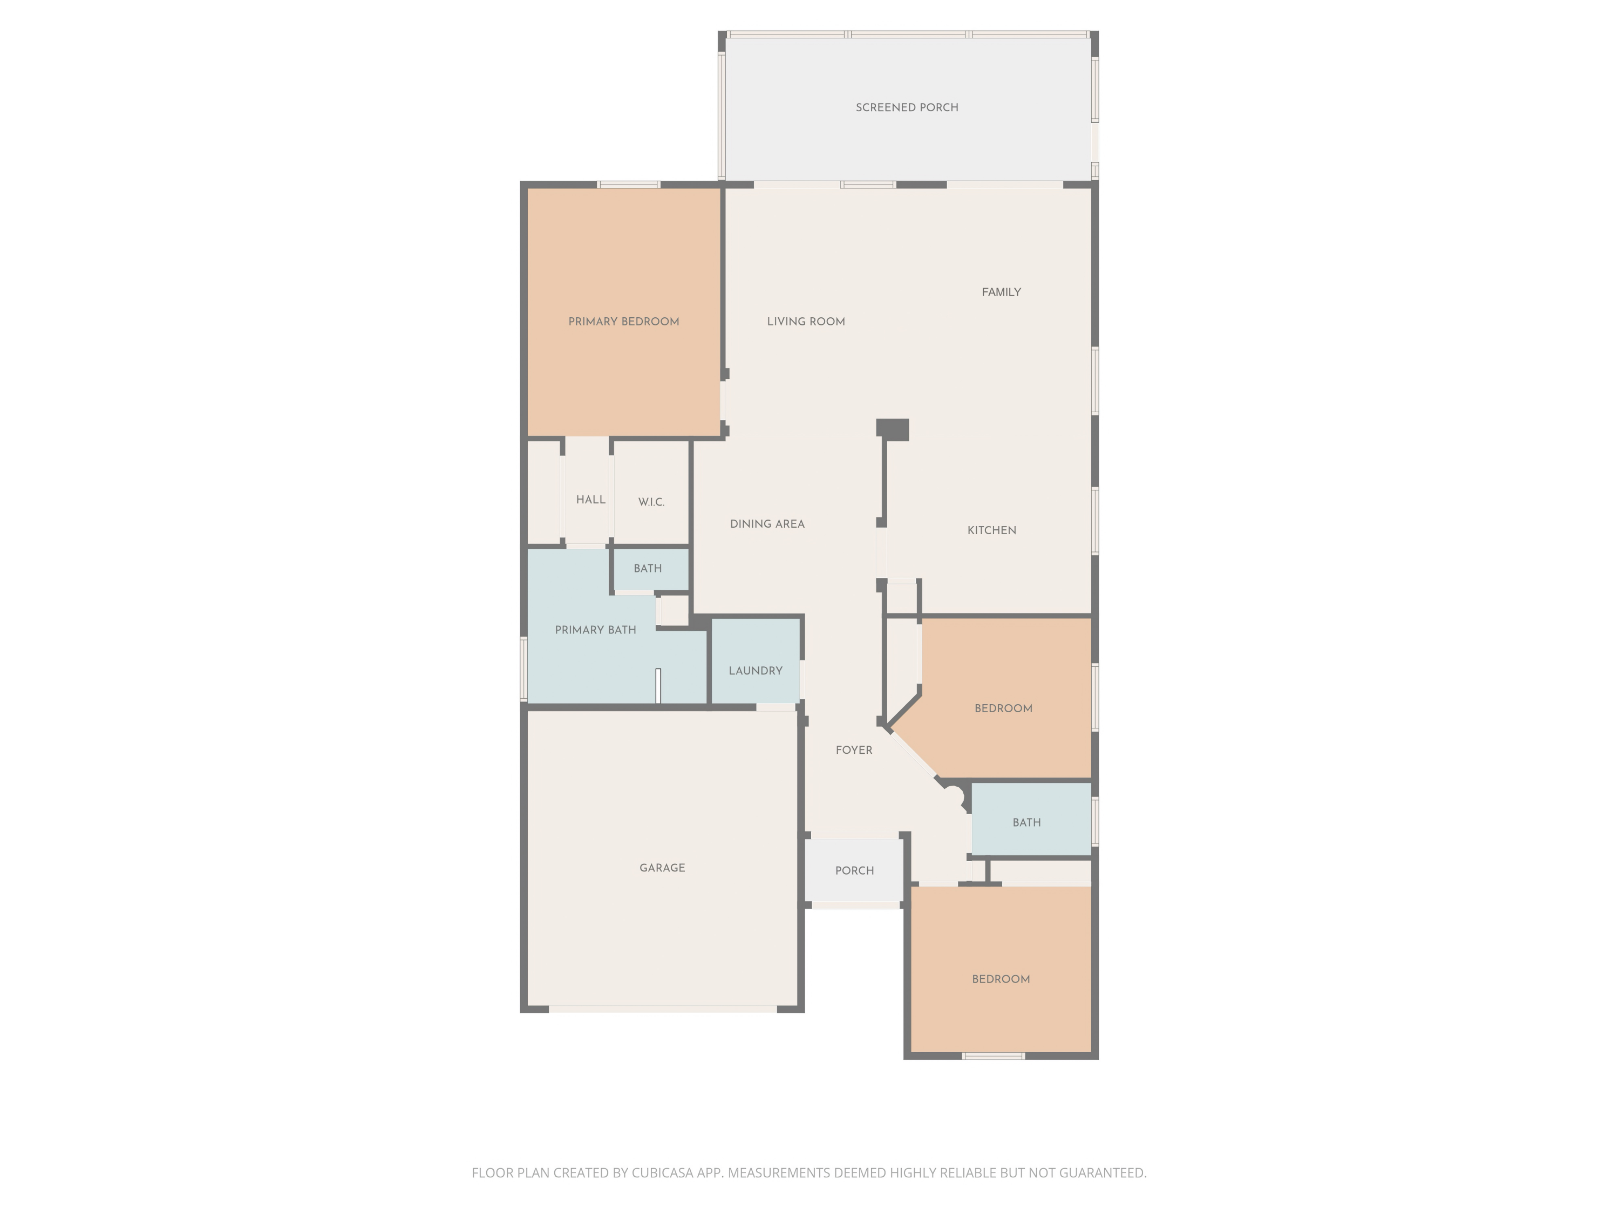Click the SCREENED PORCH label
point(907,107)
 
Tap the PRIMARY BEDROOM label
point(624,321)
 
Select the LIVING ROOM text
point(806,321)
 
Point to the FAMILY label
point(1001,292)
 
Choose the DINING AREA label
point(767,524)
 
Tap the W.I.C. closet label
point(651,502)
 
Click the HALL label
point(590,500)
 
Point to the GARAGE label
point(662,868)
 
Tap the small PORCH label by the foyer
point(854,871)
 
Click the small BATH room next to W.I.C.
point(648,569)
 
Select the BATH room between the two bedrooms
point(1026,822)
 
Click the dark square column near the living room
point(893,429)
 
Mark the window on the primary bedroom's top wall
point(628,185)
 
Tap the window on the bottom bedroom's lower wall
point(992,1056)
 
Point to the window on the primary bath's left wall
point(523,669)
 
